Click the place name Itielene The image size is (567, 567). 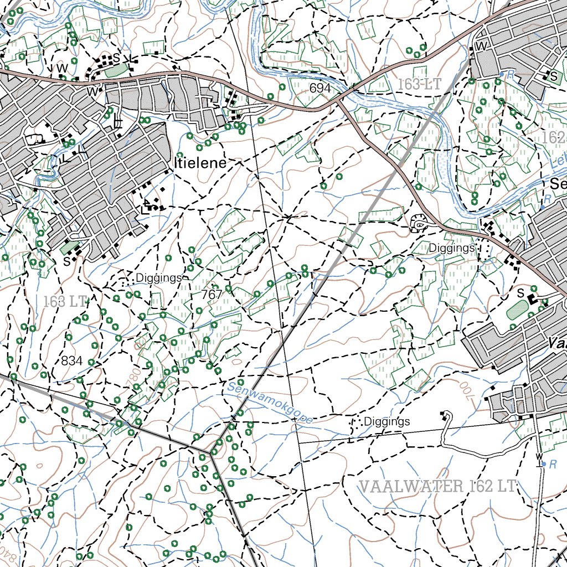coord(200,163)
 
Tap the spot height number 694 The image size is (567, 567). coord(320,89)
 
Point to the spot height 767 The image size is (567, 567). coord(212,295)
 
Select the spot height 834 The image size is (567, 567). coord(71,361)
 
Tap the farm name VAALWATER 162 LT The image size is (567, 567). coord(437,487)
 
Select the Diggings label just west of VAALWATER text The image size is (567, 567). coord(386,422)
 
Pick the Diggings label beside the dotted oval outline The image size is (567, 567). coord(451,249)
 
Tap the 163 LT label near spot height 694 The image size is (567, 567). coord(419,84)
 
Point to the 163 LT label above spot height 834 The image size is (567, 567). coord(65,302)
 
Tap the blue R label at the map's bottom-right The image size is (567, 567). coord(552,464)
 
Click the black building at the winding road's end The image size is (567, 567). coord(444,414)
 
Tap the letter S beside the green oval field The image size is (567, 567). coord(520,292)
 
